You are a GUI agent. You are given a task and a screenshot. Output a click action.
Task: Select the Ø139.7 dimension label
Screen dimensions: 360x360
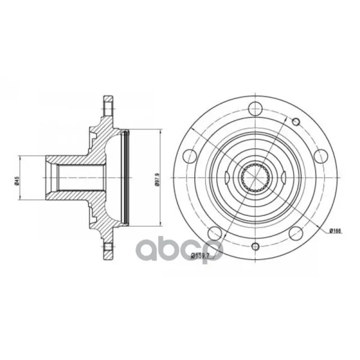[200, 255]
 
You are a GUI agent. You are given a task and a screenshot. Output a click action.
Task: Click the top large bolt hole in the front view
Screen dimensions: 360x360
[256, 109]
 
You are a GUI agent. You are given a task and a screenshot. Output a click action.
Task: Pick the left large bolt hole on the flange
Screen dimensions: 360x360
[190, 156]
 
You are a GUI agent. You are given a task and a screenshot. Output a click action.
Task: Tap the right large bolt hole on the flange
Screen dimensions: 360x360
[321, 156]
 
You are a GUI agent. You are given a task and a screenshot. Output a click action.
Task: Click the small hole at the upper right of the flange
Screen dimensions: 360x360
[296, 122]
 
